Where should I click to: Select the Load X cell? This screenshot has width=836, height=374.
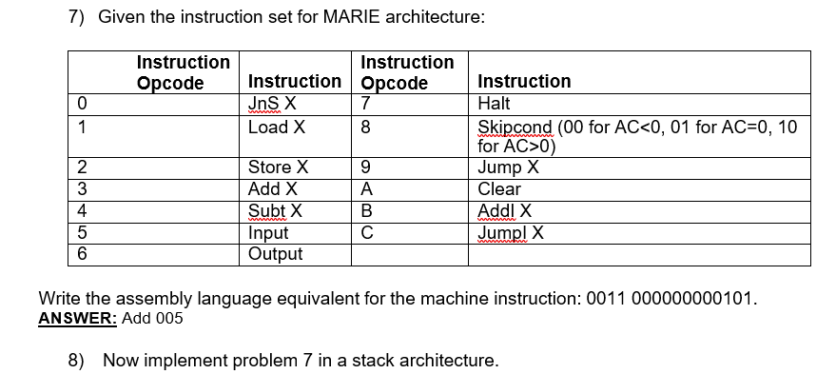click(x=276, y=127)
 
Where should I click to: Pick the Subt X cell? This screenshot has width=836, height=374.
click(x=275, y=211)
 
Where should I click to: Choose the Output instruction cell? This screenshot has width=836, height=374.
click(x=275, y=253)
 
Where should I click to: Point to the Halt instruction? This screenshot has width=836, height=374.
click(x=496, y=103)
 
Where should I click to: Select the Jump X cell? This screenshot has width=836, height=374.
click(x=509, y=168)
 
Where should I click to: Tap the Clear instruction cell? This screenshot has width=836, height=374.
click(x=499, y=189)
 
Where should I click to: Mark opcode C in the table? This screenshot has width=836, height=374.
click(x=366, y=232)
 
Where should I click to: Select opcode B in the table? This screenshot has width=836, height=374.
click(x=366, y=211)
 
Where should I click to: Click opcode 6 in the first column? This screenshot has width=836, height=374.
click(x=84, y=253)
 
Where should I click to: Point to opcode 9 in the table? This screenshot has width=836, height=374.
click(x=366, y=168)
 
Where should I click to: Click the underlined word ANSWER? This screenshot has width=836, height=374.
click(x=77, y=319)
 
